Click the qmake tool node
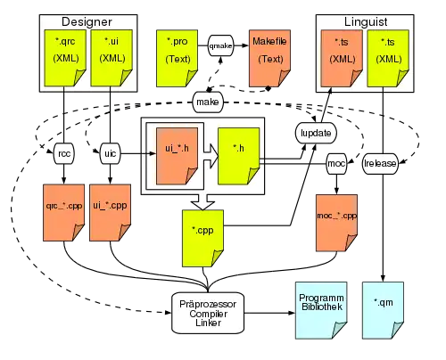[220, 45]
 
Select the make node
[208, 102]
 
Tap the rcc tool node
[64, 153]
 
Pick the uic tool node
[111, 153]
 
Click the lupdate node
[316, 133]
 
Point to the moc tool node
[336, 163]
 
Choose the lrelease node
[380, 163]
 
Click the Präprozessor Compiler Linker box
[208, 313]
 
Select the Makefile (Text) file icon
[269, 58]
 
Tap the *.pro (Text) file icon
[178, 58]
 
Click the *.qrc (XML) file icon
[65, 58]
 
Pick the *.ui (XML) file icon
[111, 58]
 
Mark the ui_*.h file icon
[177, 156]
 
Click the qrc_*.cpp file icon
[64, 213]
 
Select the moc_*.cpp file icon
[336, 223]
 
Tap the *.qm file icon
[383, 310]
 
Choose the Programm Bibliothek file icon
[321, 310]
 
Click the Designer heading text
[87, 21]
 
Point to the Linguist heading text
[366, 21]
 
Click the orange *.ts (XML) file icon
[342, 58]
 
